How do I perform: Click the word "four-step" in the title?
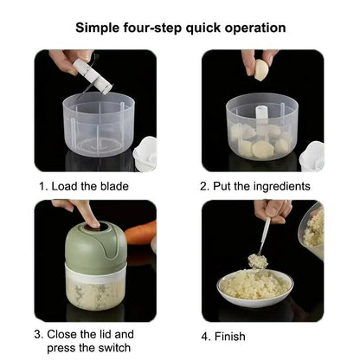pos(153,29)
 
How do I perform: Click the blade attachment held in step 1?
pos(93,76)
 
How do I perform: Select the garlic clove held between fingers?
pos(261,70)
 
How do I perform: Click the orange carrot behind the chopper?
pos(141,233)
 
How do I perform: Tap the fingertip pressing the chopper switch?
pos(93,222)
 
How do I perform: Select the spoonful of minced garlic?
pos(257,261)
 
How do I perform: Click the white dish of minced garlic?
pos(254,288)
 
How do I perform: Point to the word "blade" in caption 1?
pos(114,186)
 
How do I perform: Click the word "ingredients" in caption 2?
pos(281,187)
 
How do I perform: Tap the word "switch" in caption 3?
pos(114,348)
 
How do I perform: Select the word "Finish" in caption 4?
pos(230,337)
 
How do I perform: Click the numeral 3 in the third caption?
pos(37,335)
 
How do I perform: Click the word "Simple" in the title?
pos(98,29)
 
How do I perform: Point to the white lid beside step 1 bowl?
pos(145,155)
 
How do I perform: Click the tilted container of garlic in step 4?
pos(312,230)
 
